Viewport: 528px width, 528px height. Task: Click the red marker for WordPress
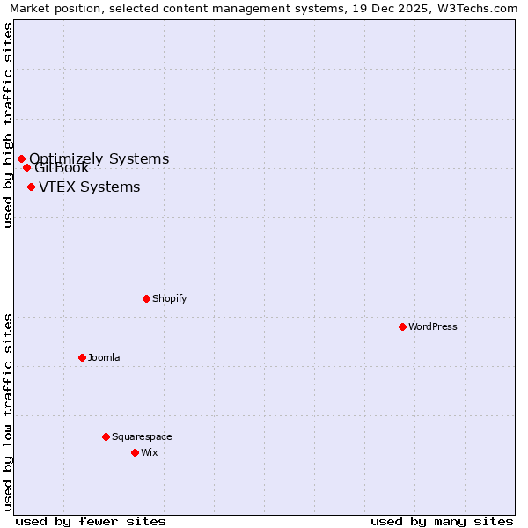[402, 326]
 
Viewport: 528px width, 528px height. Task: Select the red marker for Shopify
[146, 298]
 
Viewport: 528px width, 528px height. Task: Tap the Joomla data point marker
[82, 357]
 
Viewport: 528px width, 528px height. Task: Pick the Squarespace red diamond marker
[106, 436]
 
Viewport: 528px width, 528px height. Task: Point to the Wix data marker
[135, 452]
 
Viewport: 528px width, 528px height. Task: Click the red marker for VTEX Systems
[31, 187]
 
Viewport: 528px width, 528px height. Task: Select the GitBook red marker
[26, 167]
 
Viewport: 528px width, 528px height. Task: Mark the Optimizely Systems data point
[21, 158]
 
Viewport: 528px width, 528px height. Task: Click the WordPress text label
[433, 326]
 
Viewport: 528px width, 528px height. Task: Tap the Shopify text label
[170, 298]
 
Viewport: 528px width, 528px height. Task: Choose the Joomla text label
[104, 357]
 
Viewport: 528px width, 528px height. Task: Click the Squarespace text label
[142, 436]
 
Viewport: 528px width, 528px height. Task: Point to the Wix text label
[150, 452]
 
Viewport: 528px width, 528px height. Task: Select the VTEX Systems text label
[89, 187]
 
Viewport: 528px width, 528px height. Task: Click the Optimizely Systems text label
[99, 158]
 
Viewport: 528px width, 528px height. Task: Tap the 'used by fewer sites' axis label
[91, 521]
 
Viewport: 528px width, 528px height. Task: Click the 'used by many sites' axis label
[442, 521]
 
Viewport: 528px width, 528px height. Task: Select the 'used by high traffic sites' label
[8, 125]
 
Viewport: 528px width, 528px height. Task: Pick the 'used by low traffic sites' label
[8, 412]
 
